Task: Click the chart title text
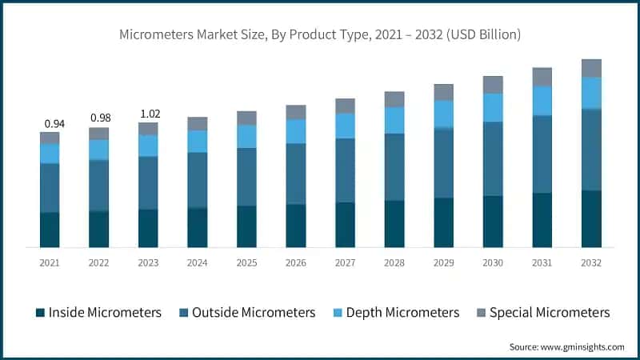320,35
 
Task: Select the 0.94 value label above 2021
54,123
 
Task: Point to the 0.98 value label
99,118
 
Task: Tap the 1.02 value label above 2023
148,114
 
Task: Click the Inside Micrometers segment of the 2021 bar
50,230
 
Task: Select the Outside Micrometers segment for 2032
591,150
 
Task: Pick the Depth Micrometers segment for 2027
345,126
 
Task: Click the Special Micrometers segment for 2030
493,85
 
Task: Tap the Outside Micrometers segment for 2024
198,180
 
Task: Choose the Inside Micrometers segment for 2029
444,222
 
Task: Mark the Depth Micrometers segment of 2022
99,150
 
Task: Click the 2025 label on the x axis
246,262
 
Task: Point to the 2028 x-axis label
394,262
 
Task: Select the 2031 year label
542,262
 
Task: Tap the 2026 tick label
296,262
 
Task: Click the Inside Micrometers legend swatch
39,312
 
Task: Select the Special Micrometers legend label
550,312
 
